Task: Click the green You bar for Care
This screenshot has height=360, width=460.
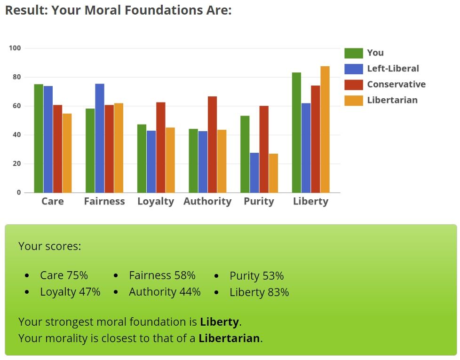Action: pos(39,138)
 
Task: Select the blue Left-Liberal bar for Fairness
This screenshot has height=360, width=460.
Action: pos(100,138)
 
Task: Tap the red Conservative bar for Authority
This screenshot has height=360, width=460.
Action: pos(213,145)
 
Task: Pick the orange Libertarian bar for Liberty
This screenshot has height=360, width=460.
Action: pos(325,129)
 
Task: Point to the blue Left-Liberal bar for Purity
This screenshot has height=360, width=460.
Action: pos(254,172)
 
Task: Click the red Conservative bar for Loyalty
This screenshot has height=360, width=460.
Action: pos(161,148)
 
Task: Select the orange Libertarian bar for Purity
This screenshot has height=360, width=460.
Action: pos(273,173)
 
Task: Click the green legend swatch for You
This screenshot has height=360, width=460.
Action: pos(354,53)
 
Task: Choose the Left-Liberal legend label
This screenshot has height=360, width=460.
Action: pos(393,69)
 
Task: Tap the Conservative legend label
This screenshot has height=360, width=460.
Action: pos(397,85)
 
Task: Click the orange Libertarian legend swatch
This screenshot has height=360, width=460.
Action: pos(354,101)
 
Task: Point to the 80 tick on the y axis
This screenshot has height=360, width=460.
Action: pos(17,77)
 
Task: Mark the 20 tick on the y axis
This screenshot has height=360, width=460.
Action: pos(17,164)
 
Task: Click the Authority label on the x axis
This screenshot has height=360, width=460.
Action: pos(207,202)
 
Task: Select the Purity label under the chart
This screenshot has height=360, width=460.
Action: pos(259,202)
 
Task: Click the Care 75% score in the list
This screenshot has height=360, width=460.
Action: pos(64,275)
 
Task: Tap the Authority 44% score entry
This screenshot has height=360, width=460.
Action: pos(165,292)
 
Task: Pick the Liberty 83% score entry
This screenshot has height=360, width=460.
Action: pos(259,292)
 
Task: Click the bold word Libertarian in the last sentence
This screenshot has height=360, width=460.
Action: pos(229,338)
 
